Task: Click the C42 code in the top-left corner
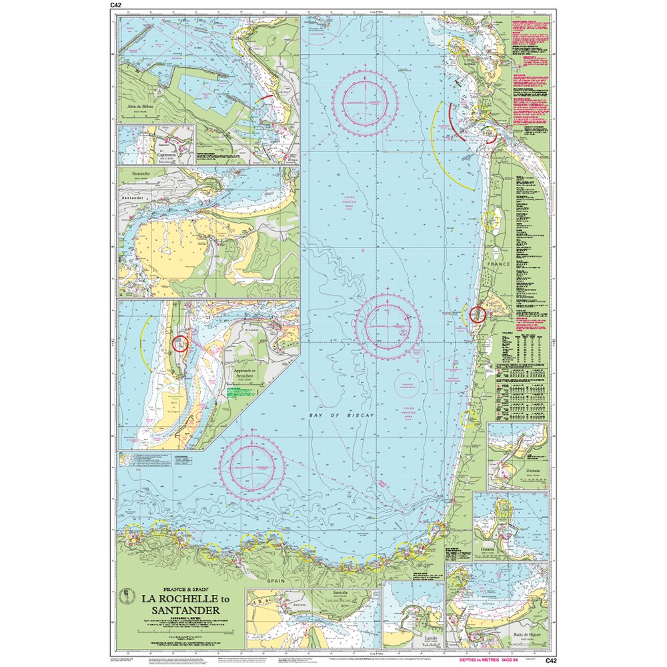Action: tap(115, 6)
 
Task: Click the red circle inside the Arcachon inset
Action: tap(180, 344)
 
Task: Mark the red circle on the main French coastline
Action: tap(477, 314)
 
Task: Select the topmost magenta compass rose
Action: tap(369, 100)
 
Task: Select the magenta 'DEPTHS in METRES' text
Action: tap(482, 660)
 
